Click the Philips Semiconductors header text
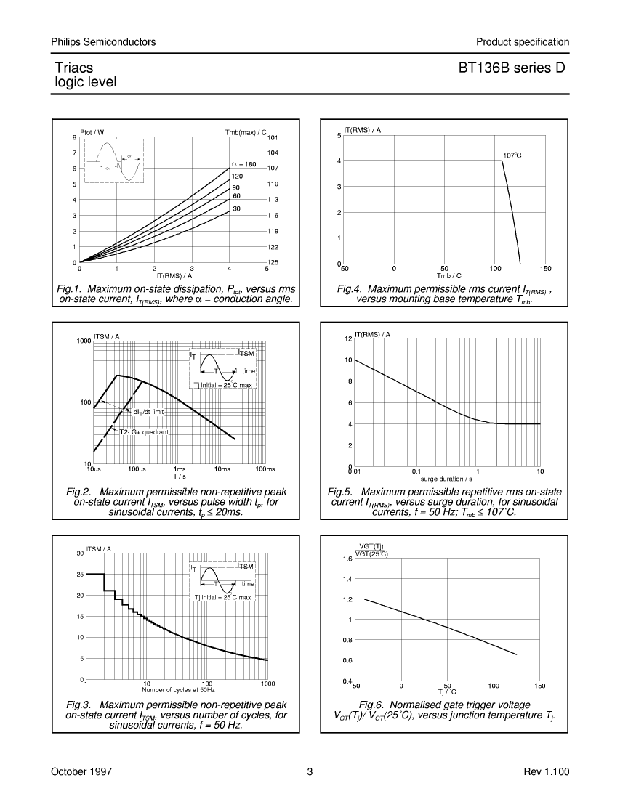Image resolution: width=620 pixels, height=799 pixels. pyautogui.click(x=103, y=42)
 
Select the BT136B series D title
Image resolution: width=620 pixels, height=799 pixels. pyautogui.click(x=512, y=68)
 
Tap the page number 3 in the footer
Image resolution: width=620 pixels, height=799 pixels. pyautogui.click(x=310, y=771)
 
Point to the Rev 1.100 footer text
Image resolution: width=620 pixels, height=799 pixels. pyautogui.click(x=547, y=771)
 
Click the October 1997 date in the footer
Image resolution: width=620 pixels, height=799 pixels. pyautogui.click(x=81, y=771)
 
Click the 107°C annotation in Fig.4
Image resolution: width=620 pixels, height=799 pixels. pyautogui.click(x=512, y=155)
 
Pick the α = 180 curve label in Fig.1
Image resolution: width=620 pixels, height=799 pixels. pyautogui.click(x=243, y=165)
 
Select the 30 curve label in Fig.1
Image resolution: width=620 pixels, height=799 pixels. pyautogui.click(x=236, y=209)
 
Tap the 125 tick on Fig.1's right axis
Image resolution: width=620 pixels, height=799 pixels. pyautogui.click(x=273, y=262)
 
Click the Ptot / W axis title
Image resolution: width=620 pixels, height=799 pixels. pyautogui.click(x=92, y=132)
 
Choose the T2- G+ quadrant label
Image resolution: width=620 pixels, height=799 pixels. pyautogui.click(x=144, y=432)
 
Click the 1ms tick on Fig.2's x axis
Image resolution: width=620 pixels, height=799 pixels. pyautogui.click(x=180, y=469)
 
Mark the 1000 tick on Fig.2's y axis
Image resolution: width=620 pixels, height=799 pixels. pyautogui.click(x=84, y=341)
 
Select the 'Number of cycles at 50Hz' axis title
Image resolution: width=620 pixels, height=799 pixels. pyautogui.click(x=179, y=690)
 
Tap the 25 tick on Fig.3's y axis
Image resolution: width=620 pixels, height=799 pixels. pyautogui.click(x=80, y=575)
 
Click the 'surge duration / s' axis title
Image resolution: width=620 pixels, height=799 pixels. pyautogui.click(x=446, y=479)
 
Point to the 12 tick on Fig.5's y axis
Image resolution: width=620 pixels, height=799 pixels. pyautogui.click(x=348, y=339)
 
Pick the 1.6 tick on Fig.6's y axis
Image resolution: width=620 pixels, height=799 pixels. pyautogui.click(x=347, y=559)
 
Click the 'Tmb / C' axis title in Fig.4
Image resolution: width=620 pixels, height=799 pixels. pyautogui.click(x=448, y=276)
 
